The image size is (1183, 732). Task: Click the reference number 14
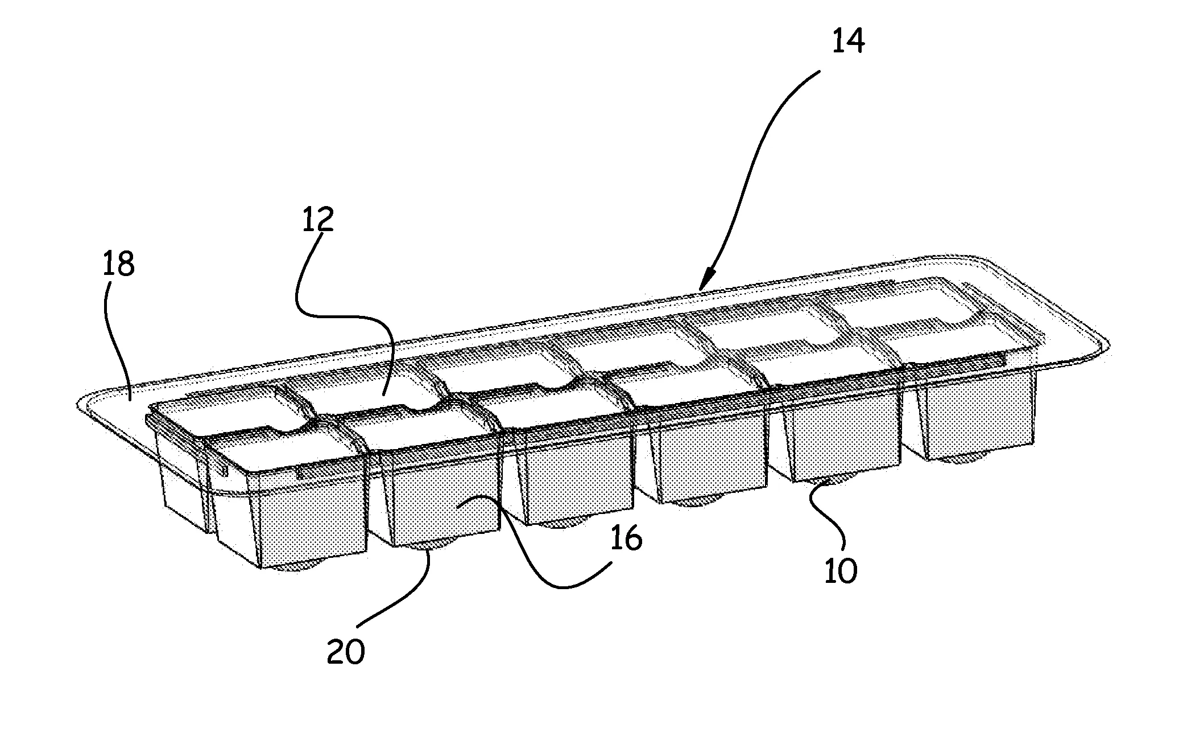tap(848, 41)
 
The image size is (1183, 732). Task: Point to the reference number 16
tap(626, 538)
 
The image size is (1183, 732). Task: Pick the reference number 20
tap(345, 652)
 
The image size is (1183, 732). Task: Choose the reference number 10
tap(840, 570)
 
